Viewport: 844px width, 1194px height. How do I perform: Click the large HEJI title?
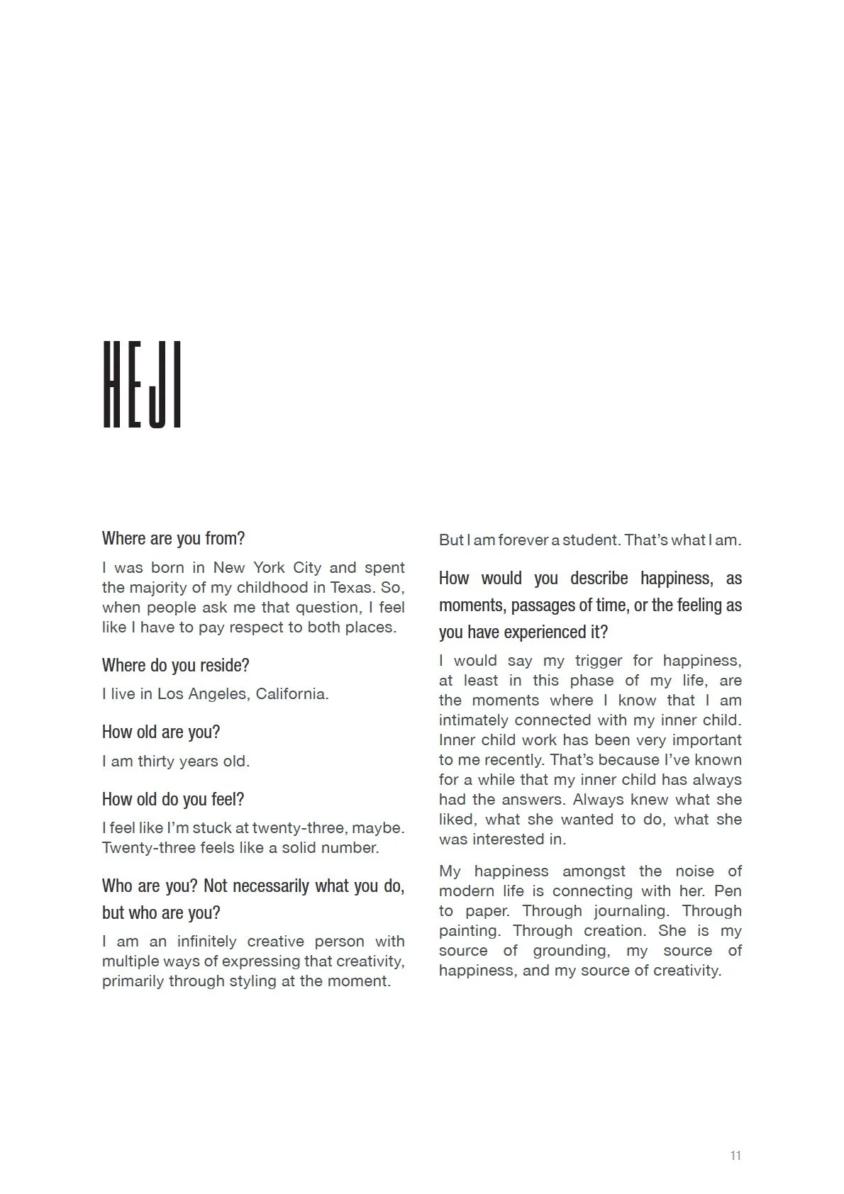pyautogui.click(x=143, y=385)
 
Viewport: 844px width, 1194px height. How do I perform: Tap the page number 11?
pyautogui.click(x=735, y=1155)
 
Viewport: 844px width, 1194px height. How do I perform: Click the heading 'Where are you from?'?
pyautogui.click(x=173, y=538)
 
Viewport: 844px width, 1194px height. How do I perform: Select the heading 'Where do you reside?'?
pyautogui.click(x=175, y=665)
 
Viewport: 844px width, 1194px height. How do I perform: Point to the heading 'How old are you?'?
pyautogui.click(x=161, y=732)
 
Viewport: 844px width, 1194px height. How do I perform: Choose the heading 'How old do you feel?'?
pyautogui.click(x=173, y=799)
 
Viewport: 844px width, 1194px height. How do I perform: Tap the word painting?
pyautogui.click(x=467, y=930)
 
